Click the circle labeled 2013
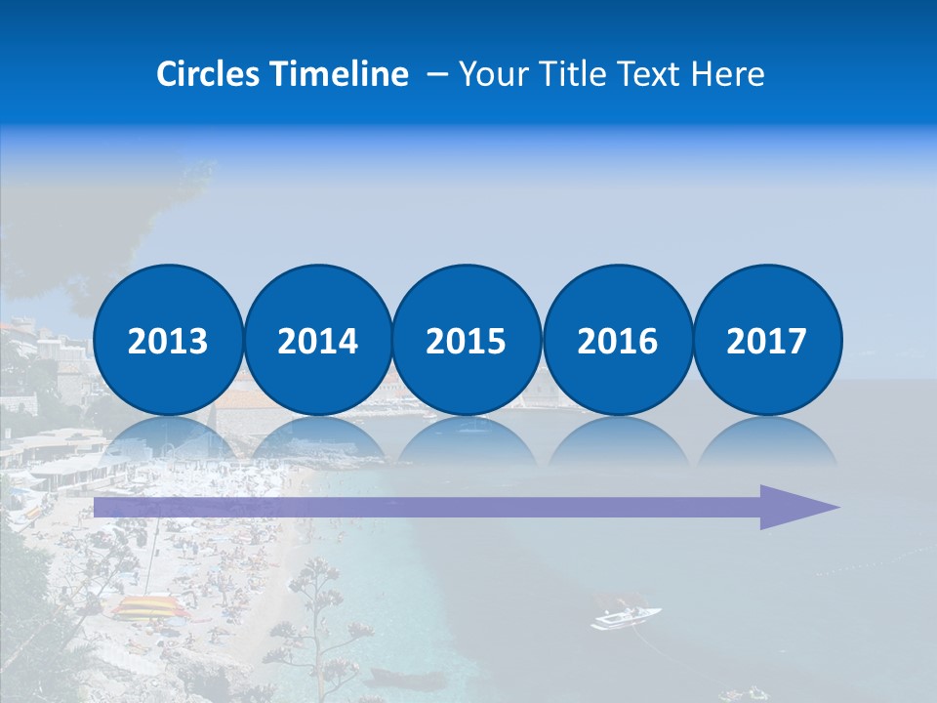(168, 340)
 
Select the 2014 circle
(317, 340)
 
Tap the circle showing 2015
(467, 340)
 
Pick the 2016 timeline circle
(617, 340)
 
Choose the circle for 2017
(766, 340)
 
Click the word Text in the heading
(653, 74)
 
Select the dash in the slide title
(438, 74)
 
